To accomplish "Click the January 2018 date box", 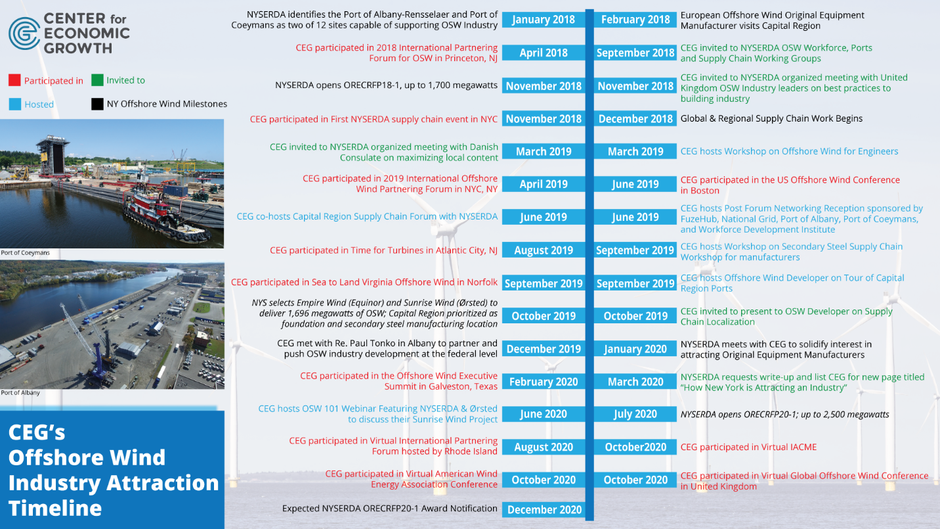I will tap(544, 20).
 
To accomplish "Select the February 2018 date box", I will tap(635, 20).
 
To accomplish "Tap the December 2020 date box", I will tap(544, 510).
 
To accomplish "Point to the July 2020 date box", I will tap(635, 414).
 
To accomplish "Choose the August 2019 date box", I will tap(544, 250).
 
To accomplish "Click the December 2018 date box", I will tap(635, 119).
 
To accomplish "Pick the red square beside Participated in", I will tap(14, 81).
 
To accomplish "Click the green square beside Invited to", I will tap(97, 80).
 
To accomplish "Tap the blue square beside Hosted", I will tap(14, 104).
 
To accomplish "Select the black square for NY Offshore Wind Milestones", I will tap(97, 104).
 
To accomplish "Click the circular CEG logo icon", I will tap(24, 33).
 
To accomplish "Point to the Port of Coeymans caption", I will tap(25, 253).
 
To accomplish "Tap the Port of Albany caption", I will tap(20, 393).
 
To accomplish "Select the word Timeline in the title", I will tap(55, 508).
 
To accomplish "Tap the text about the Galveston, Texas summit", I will tap(398, 381).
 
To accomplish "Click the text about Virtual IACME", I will tap(748, 448).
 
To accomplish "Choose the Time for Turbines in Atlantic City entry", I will tap(384, 250).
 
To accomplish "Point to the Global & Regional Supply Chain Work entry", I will tap(771, 119).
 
